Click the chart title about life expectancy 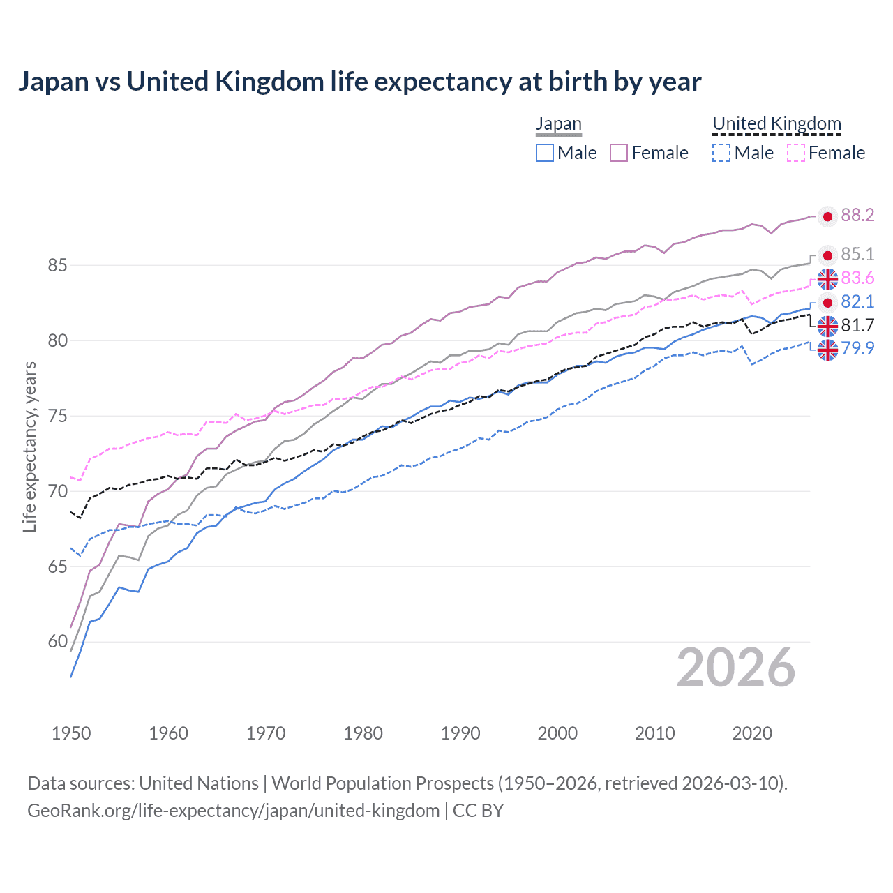(359, 82)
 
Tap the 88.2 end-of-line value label (857, 216)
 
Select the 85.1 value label (857, 255)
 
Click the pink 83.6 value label (857, 278)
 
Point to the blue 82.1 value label (857, 301)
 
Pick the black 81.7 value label (857, 325)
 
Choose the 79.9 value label (857, 348)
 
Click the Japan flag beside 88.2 (827, 217)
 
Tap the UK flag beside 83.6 (827, 279)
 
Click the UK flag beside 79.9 (827, 350)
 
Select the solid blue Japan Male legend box (545, 153)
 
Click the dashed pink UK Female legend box (796, 153)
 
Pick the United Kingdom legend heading (776, 124)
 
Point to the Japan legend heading (558, 124)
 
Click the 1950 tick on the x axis (71, 733)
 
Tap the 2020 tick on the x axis (752, 733)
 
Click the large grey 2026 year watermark (735, 668)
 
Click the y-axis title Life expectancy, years (30, 446)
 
